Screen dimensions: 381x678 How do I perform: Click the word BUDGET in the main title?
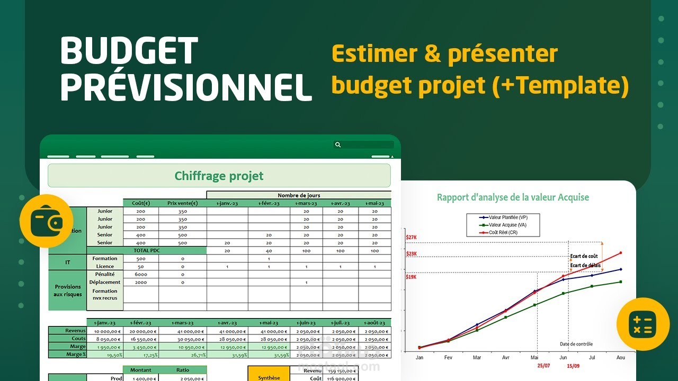click(x=129, y=52)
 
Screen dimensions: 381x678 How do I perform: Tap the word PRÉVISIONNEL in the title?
click(x=186, y=87)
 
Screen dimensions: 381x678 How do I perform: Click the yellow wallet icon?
click(x=46, y=221)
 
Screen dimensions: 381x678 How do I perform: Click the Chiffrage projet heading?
click(x=219, y=176)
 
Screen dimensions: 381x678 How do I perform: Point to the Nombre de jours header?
click(x=299, y=195)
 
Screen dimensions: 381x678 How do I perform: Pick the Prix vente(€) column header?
click(x=182, y=203)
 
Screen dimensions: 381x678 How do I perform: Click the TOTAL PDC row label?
click(x=147, y=250)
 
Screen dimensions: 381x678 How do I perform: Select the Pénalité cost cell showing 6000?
click(x=140, y=274)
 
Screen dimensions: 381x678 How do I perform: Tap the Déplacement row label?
click(x=105, y=282)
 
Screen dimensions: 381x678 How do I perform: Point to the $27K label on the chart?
click(x=411, y=238)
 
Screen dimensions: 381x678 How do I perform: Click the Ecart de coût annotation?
click(x=584, y=256)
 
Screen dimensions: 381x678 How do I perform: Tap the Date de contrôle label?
click(x=576, y=344)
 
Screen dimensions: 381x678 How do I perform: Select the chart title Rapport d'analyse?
click(x=513, y=197)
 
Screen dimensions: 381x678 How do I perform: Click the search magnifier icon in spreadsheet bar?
click(x=338, y=144)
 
